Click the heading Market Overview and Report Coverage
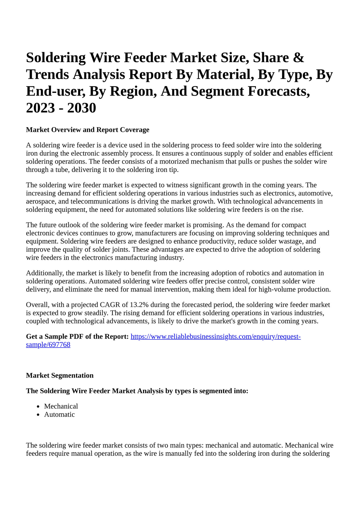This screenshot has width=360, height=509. coord(88,130)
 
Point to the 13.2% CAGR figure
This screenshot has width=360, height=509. coord(138,305)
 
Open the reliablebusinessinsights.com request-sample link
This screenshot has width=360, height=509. coord(215,336)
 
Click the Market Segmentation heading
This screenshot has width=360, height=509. coord(60,376)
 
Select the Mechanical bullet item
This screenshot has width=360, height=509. coord(61,406)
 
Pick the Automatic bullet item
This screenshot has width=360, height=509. coord(59,415)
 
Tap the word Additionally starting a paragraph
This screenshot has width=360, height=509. coord(44,273)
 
